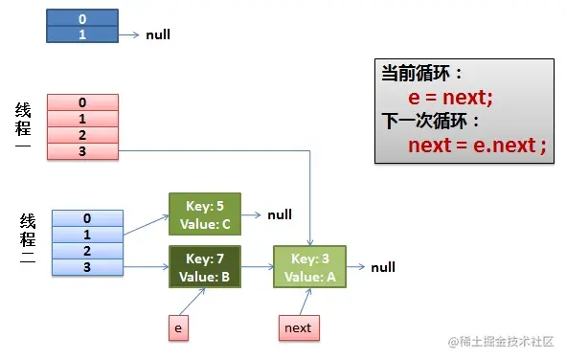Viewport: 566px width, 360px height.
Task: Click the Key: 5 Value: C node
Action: pyautogui.click(x=204, y=215)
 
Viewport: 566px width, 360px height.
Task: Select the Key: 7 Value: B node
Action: pyautogui.click(x=204, y=267)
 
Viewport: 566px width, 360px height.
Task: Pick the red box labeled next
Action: pyautogui.click(x=298, y=328)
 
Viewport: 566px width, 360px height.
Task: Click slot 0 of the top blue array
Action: pyautogui.click(x=82, y=17)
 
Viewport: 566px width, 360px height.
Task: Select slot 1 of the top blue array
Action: pyautogui.click(x=82, y=34)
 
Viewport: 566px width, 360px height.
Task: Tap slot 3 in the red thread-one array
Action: pyautogui.click(x=82, y=150)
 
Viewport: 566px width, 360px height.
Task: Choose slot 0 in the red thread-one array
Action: pyautogui.click(x=82, y=102)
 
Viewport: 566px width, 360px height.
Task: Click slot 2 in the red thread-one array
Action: pyautogui.click(x=82, y=135)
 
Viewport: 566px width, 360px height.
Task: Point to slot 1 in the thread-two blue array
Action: pyautogui.click(x=87, y=234)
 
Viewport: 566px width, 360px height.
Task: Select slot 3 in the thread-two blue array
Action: pyautogui.click(x=87, y=266)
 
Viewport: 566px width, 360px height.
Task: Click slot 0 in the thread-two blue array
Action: pyautogui.click(x=87, y=217)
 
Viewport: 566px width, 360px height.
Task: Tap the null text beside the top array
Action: pyautogui.click(x=158, y=34)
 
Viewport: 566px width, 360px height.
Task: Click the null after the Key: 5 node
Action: pyautogui.click(x=280, y=215)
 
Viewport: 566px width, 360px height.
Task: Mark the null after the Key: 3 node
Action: pyautogui.click(x=383, y=267)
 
